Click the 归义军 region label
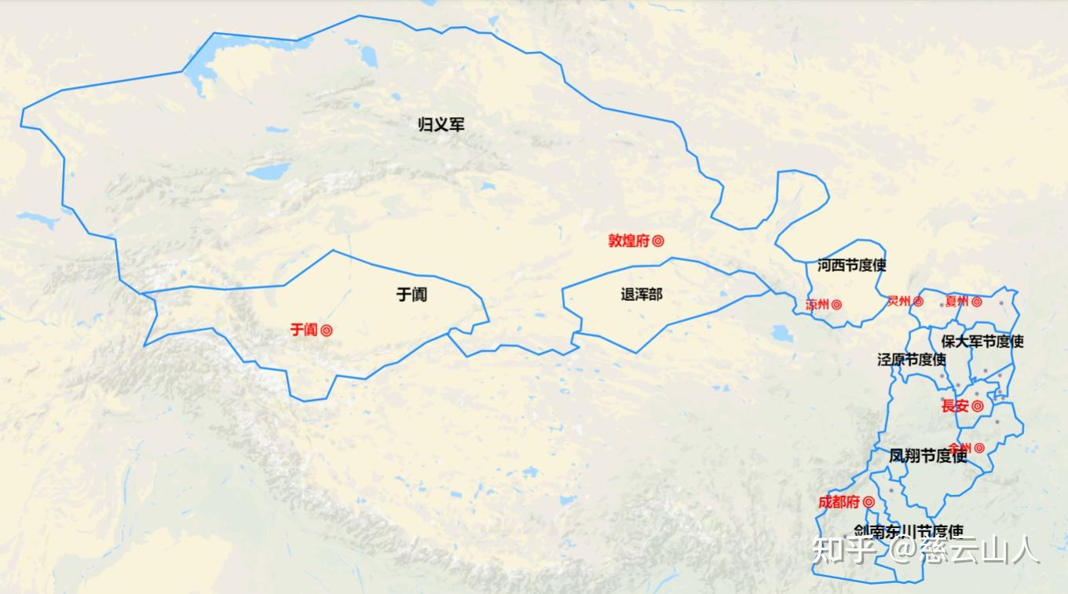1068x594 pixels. point(441,124)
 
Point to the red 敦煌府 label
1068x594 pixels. point(628,241)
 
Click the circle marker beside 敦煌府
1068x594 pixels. point(658,241)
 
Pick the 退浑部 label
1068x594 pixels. point(642,295)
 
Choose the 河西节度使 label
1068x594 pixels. point(851,265)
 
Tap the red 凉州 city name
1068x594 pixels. point(817,304)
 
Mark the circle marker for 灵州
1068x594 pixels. point(918,301)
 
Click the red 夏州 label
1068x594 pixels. point(956,301)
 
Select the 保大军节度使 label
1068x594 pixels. point(982,342)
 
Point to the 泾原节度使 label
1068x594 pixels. point(912,359)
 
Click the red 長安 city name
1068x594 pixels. point(955,406)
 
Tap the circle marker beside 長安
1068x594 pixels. point(978,406)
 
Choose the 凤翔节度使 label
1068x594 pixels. point(927,455)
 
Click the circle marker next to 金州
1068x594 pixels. point(979,448)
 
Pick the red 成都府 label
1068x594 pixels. point(839,502)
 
